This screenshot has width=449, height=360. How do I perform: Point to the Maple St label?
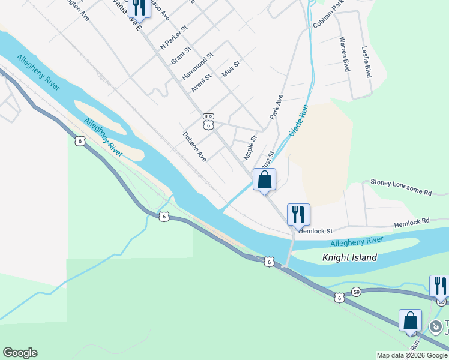pos(250,147)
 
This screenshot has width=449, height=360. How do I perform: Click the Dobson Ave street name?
pos(194,146)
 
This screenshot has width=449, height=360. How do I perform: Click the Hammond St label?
pos(199,65)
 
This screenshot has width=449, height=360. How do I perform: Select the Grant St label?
pos(181,54)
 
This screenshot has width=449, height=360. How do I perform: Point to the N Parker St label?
pos(174,37)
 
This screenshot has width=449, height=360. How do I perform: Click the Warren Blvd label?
pos(344,54)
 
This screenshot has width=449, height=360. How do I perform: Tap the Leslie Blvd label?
pos(365,62)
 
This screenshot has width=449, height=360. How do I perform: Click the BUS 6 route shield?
pos(208,121)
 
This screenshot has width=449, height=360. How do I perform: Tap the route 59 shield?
pos(356,292)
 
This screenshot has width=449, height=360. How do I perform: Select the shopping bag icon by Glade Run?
pos(264,181)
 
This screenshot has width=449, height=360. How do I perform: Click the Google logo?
pos(20,353)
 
